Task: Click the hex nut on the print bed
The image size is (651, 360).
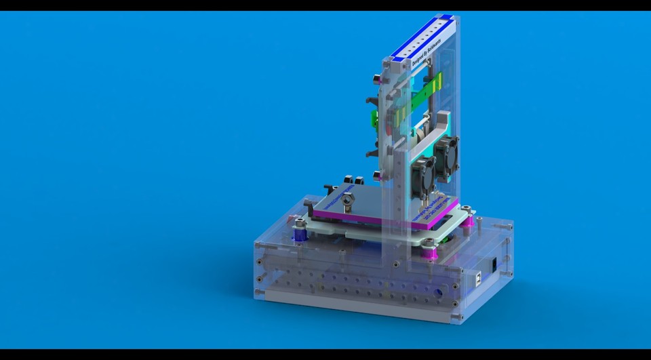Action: (x=347, y=201)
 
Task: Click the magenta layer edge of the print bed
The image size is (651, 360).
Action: (x=380, y=221)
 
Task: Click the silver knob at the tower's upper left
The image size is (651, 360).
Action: (x=375, y=78)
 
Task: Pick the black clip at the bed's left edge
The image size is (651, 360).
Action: (x=330, y=188)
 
